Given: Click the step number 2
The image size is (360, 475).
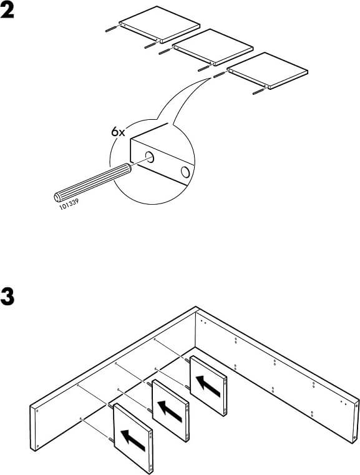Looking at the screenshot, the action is click(x=7, y=11).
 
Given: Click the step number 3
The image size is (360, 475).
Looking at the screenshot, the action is click(x=7, y=297).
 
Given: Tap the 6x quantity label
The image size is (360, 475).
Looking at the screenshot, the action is click(x=118, y=132).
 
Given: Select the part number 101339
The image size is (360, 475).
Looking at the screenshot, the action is click(x=69, y=205).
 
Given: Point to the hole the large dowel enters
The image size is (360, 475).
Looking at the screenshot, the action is click(x=149, y=157).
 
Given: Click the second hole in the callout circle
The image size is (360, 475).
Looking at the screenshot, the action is click(x=185, y=172).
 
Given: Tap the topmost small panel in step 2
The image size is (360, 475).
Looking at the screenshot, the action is click(x=160, y=24).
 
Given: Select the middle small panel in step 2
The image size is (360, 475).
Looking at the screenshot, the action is click(x=213, y=47).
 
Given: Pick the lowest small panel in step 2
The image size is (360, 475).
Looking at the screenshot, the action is click(x=268, y=71).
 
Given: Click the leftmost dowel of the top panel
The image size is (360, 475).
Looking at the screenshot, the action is click(x=112, y=29).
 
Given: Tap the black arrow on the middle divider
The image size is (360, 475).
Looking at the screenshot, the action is click(x=170, y=411).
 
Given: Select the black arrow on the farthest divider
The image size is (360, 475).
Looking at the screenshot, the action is click(x=208, y=386).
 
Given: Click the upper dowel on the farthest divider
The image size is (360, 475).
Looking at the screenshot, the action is click(x=187, y=360).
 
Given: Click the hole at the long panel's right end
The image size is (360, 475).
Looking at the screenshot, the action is click(x=355, y=438).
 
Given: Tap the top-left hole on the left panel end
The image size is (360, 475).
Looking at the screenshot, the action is click(x=37, y=411).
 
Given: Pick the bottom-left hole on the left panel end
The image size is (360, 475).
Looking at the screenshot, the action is click(x=37, y=446).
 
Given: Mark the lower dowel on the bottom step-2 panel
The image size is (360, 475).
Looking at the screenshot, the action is click(x=260, y=91).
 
